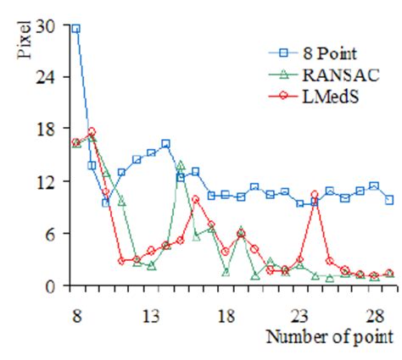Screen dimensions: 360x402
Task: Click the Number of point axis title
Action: [330, 337]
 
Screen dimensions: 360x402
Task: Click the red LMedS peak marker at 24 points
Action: [315, 196]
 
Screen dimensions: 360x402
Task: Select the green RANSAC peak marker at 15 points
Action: [181, 165]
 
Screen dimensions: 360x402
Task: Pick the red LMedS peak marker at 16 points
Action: [196, 199]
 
